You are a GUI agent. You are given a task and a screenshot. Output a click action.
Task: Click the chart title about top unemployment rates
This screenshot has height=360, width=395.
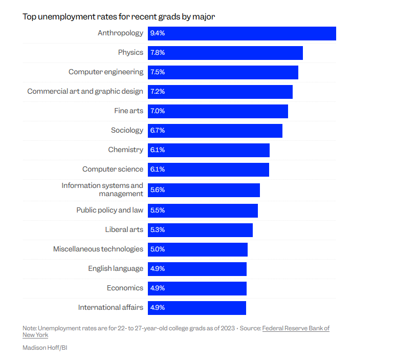click(x=119, y=16)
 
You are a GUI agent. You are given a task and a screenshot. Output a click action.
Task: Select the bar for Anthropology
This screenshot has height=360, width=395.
click(x=242, y=33)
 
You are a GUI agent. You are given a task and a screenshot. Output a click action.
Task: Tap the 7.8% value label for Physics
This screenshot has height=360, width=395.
click(x=158, y=53)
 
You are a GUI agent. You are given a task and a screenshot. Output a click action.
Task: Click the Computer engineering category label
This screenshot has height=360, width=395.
click(x=106, y=72)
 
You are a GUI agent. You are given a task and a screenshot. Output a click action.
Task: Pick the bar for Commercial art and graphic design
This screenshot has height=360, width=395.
click(x=220, y=92)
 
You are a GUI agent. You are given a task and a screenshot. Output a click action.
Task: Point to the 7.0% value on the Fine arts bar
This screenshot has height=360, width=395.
click(x=158, y=111)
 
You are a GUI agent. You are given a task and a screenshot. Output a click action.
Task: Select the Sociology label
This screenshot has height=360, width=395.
click(x=127, y=131)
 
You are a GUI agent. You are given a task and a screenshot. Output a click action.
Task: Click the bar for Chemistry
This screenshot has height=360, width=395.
click(x=209, y=150)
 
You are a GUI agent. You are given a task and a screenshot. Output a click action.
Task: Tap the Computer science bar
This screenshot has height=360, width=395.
click(x=208, y=170)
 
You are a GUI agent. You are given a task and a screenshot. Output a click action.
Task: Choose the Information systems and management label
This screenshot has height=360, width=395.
click(x=102, y=189)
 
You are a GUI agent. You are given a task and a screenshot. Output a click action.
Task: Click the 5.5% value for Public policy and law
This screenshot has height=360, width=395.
click(x=158, y=210)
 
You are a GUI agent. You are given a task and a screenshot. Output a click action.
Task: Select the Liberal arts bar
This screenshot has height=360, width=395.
click(x=200, y=230)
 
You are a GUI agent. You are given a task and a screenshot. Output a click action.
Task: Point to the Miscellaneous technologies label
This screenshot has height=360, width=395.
click(x=98, y=249)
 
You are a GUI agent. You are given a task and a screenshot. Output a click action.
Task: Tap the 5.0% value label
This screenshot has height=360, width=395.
click(x=158, y=249)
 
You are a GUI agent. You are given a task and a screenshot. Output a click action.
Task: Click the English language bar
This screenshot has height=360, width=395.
click(x=197, y=269)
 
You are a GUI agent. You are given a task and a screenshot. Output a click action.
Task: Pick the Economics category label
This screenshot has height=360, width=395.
click(x=125, y=288)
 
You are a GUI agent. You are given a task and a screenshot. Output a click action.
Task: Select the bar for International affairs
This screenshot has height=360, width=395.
click(x=197, y=308)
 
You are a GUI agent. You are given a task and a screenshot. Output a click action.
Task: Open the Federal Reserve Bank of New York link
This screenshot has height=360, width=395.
click(x=296, y=328)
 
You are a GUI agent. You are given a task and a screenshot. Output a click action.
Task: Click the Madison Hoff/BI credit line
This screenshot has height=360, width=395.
click(x=45, y=347)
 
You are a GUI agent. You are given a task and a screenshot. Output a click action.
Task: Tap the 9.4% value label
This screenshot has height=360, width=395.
click(x=158, y=33)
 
